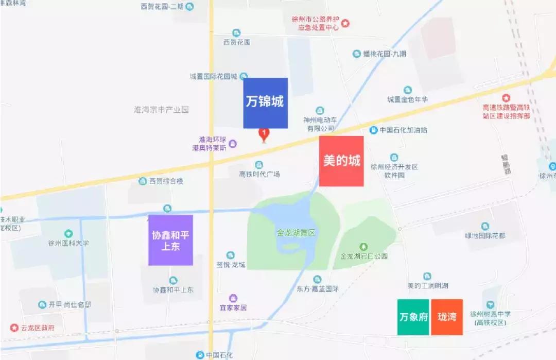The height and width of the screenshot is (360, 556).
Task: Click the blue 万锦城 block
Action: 265,103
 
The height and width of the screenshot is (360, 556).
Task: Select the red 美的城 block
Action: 341,161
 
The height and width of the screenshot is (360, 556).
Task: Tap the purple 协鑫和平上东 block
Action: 170,240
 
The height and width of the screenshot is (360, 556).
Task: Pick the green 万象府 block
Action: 413,317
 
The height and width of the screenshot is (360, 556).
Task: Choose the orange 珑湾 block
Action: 447,317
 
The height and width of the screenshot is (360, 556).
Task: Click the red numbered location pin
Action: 264,134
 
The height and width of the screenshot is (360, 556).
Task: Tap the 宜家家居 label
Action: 233,307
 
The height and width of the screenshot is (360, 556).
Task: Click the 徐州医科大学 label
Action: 68,243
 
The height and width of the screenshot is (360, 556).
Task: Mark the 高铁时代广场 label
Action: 259,174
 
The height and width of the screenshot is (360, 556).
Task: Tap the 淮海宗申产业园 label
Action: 161,110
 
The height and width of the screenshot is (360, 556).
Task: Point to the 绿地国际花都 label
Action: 485,236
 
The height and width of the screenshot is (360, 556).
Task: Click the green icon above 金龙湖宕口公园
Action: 363,247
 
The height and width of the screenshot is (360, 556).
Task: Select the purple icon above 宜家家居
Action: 233,298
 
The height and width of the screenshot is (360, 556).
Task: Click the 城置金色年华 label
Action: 407,99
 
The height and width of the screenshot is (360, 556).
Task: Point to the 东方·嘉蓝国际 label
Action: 317,289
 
